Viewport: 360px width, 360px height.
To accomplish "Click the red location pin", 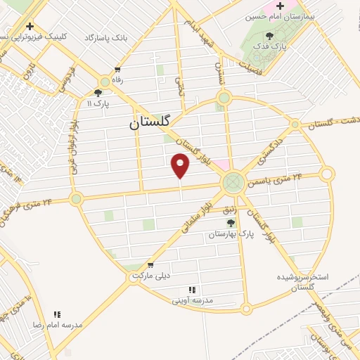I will pyautogui.click(x=181, y=166).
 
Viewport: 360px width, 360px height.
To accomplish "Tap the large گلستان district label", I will pyautogui.click(x=150, y=122).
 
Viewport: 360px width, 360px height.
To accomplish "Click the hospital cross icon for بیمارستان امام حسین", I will pyautogui.click(x=281, y=6).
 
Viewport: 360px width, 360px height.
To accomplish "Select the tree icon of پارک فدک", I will pyautogui.click(x=270, y=36).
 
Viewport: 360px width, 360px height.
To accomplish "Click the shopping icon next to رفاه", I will pyautogui.click(x=117, y=70).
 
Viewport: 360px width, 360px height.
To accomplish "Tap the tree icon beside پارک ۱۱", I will pyautogui.click(x=98, y=92).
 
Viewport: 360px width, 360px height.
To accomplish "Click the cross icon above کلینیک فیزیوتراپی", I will pyautogui.click(x=30, y=26).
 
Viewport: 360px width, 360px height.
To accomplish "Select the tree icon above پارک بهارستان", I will pyautogui.click(x=231, y=223).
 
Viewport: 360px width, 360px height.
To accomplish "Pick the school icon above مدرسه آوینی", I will pyautogui.click(x=191, y=289).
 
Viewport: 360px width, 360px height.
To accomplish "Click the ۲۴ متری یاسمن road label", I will pyautogui.click(x=280, y=179).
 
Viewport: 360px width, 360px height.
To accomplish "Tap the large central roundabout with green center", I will pyautogui.click(x=231, y=184).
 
